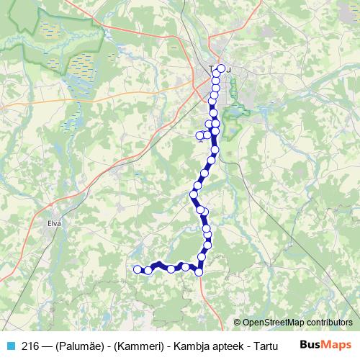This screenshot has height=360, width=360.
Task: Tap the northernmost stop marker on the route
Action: [221, 69]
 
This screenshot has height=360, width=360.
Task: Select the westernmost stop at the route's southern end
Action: [138, 269]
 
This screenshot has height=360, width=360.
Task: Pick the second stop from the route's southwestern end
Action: [148, 271]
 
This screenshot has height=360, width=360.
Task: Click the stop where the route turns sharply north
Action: [199, 271]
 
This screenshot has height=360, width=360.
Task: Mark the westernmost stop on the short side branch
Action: [200, 135]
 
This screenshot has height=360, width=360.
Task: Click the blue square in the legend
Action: [9, 344]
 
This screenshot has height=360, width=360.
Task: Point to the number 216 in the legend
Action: [30, 344]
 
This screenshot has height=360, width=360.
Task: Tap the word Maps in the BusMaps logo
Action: [337, 344]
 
